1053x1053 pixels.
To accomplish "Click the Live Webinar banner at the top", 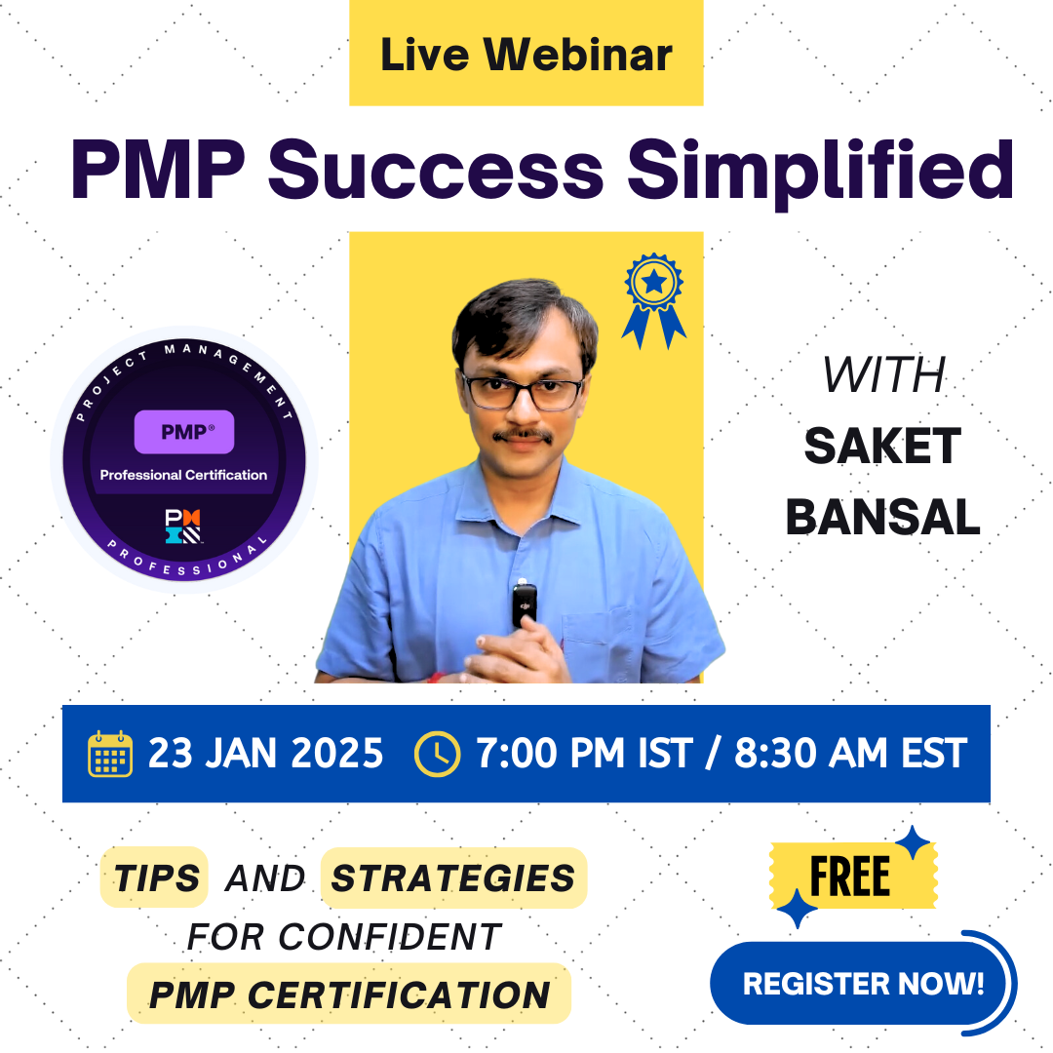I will (x=526, y=54).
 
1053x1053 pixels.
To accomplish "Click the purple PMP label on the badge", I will (x=183, y=432).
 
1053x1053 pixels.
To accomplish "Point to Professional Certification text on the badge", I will (x=183, y=475).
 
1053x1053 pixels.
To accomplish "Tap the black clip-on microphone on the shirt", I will (x=524, y=605).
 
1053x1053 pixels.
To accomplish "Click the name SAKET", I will (x=882, y=447).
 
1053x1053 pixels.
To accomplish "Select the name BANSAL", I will (x=882, y=517).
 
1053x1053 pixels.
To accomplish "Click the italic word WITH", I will (x=883, y=376).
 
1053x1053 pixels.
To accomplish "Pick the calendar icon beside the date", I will (x=109, y=754).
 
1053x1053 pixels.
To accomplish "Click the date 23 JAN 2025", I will (x=265, y=754).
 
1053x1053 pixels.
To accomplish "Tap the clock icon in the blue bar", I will (x=438, y=754).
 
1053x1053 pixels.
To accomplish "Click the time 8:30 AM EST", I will (x=850, y=754).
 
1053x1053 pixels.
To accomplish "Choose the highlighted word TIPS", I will (x=155, y=877).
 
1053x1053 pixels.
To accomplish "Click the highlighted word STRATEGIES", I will (x=453, y=877).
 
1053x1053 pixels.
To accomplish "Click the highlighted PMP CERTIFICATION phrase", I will (x=349, y=994).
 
